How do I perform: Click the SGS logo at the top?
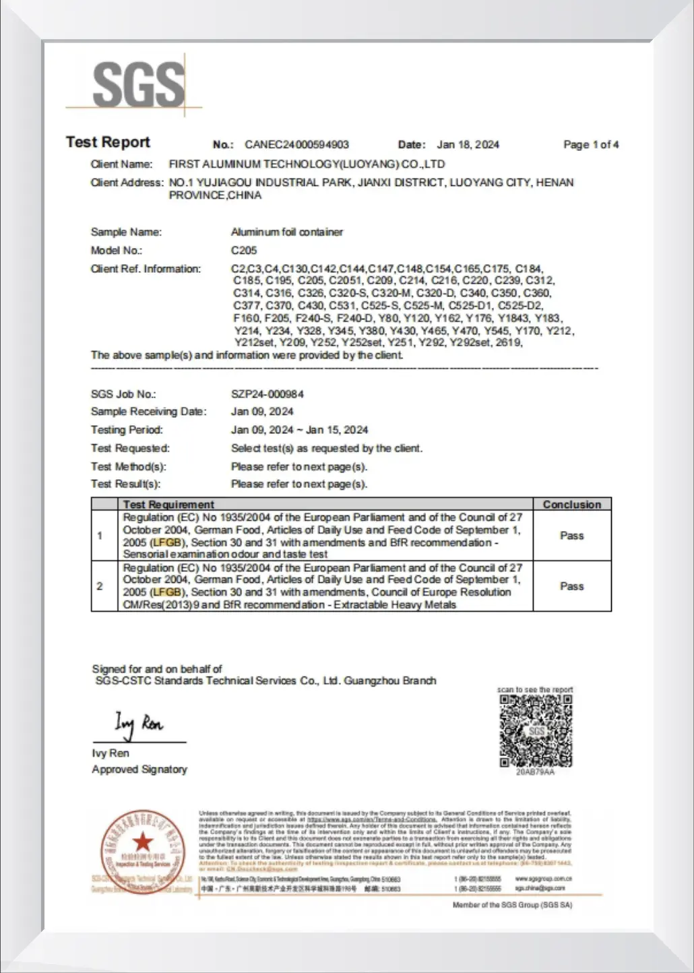(x=138, y=84)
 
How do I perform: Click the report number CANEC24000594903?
(x=296, y=144)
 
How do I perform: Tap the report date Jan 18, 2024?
(x=468, y=144)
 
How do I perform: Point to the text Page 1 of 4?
(x=590, y=144)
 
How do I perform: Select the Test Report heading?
(x=108, y=142)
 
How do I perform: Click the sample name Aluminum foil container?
(x=286, y=232)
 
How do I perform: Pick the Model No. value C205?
(x=243, y=250)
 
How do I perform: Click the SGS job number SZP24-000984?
(x=267, y=394)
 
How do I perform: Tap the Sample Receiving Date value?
(x=261, y=411)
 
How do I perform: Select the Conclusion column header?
(x=571, y=504)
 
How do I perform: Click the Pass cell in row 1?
(x=571, y=536)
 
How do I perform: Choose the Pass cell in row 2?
(x=571, y=586)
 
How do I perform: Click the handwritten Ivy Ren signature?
(x=138, y=724)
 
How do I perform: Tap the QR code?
(x=536, y=730)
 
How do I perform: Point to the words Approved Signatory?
(x=139, y=769)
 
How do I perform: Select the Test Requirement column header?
(x=168, y=504)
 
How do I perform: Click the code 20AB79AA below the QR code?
(x=535, y=772)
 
